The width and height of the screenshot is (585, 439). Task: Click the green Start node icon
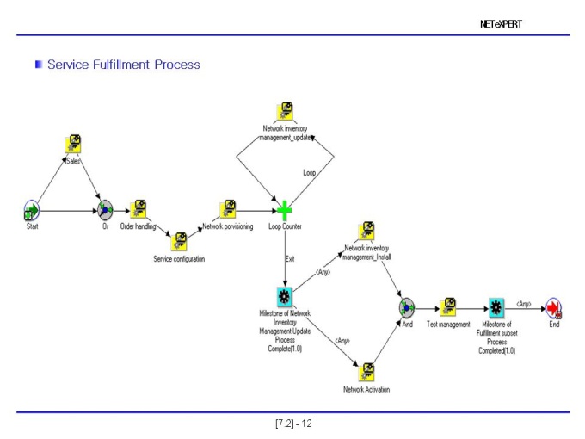pos(32,211)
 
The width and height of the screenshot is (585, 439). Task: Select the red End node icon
pos(554,308)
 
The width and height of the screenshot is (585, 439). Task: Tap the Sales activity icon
pos(73,144)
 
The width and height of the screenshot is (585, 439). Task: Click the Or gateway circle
pos(105,210)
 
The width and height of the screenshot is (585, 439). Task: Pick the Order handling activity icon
pos(138,209)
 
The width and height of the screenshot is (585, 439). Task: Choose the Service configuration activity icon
pos(179,242)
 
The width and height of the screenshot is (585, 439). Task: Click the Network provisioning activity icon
pos(228,209)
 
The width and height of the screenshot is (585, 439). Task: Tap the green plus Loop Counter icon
pos(285,211)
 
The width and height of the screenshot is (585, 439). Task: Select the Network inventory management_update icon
pos(285,111)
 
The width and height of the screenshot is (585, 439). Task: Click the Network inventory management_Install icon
pos(366,231)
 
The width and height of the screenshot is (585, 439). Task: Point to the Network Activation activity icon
pos(366,372)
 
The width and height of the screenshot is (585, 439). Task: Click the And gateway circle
pos(406,308)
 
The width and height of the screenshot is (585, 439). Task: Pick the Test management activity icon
pos(448,306)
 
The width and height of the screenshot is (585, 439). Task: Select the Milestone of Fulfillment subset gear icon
pos(496,307)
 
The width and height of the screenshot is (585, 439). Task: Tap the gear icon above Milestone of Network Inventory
pos(284,296)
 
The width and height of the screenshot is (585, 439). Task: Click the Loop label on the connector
pos(310,172)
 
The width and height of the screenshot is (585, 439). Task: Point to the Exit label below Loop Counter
pos(290,259)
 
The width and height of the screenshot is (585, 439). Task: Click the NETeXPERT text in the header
pos(501,24)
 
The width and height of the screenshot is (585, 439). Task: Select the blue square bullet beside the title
pos(39,65)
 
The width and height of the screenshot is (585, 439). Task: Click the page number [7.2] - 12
pos(293,424)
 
